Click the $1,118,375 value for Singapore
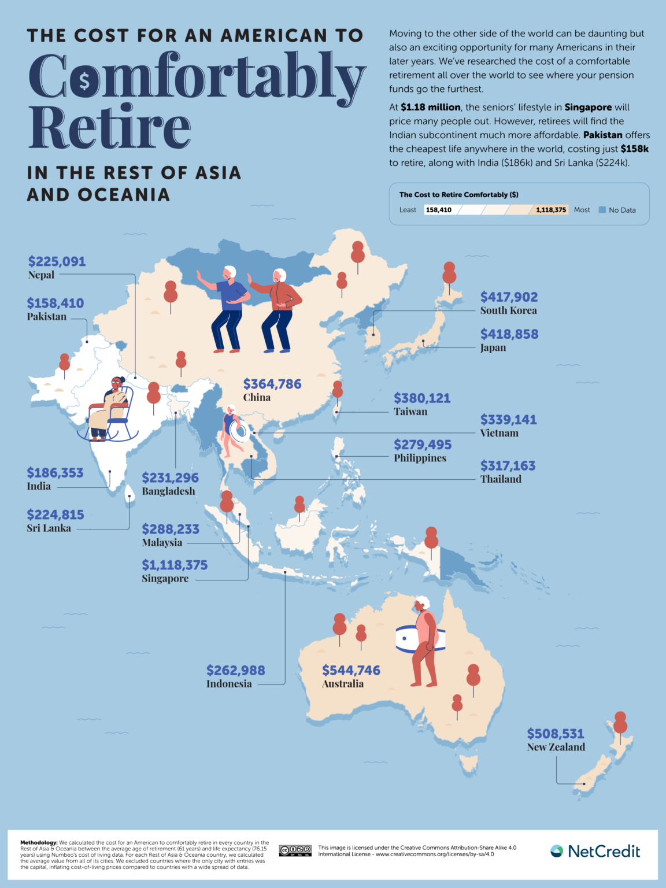pyautogui.click(x=175, y=565)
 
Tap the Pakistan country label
pyautogui.click(x=46, y=317)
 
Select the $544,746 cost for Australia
pyautogui.click(x=351, y=670)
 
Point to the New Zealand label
pyautogui.click(x=556, y=747)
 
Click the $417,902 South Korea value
pyautogui.click(x=509, y=297)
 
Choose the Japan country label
pyautogui.click(x=493, y=347)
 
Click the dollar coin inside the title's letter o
pyautogui.click(x=84, y=81)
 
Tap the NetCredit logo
pyautogui.click(x=595, y=851)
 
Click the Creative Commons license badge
pyautogui.click(x=295, y=850)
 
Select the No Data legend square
pyautogui.click(x=602, y=210)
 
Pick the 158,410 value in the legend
pyautogui.click(x=438, y=210)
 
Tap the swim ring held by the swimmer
pyautogui.click(x=239, y=431)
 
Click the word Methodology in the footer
pyautogui.click(x=39, y=843)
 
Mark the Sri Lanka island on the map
pyautogui.click(x=129, y=494)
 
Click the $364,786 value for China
pyautogui.click(x=272, y=384)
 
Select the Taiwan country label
pyautogui.click(x=410, y=412)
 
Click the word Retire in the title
pyautogui.click(x=109, y=127)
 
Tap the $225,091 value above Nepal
pyautogui.click(x=57, y=261)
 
